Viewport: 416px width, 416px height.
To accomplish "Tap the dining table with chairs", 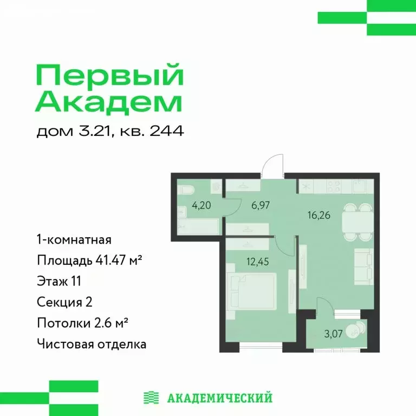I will click(x=359, y=219).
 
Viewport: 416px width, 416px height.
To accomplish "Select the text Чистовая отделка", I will click(x=92, y=343).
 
